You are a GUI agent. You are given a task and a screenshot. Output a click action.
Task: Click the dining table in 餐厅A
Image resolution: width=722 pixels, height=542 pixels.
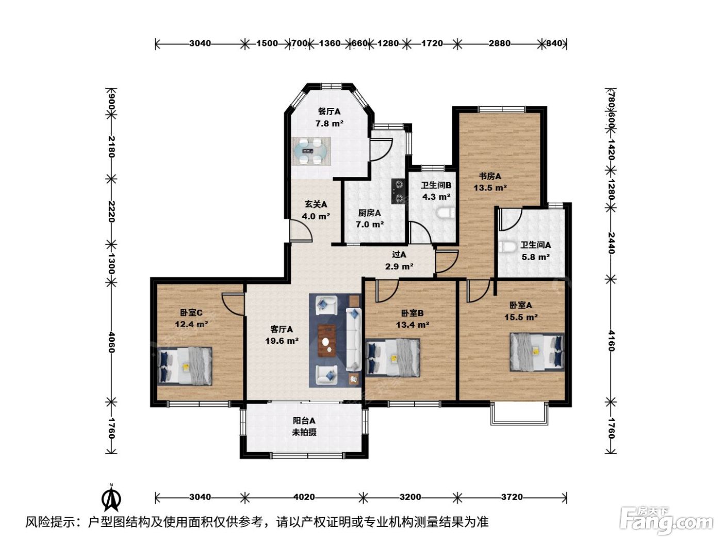pos(311,151)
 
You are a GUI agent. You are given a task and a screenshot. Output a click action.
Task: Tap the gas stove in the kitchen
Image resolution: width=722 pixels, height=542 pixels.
pos(398,191)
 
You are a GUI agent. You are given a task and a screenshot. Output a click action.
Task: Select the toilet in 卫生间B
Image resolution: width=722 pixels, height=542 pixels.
pos(447,213)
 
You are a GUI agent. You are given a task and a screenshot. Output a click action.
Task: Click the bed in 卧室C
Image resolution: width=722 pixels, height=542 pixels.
pos(185,365)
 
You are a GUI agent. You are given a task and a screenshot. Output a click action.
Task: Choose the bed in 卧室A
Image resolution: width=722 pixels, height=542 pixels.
pos(537,352)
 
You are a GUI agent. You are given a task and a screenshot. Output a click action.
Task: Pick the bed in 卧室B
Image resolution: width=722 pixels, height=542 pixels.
pos(393,358)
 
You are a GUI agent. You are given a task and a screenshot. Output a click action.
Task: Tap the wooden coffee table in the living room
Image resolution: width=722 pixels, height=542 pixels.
pos(326,341)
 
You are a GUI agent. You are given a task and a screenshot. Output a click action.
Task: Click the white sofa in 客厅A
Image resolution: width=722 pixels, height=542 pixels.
pos(354,339)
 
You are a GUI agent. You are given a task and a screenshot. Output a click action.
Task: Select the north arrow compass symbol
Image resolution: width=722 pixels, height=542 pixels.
pos(111,498)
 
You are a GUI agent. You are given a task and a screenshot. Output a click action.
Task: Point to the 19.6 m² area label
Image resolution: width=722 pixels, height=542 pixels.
pos(282,341)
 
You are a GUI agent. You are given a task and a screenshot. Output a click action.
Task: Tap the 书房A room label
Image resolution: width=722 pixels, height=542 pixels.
pos(490,177)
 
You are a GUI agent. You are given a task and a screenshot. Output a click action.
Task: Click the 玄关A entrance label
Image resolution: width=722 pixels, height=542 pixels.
pos(316,204)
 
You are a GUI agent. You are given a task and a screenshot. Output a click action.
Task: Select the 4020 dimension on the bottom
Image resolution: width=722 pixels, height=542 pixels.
pos(304,497)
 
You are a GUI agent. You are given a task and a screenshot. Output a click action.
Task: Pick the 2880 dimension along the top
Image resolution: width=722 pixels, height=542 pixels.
pos(499,43)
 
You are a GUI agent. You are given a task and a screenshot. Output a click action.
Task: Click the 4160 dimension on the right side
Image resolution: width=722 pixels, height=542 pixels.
pos(611,341)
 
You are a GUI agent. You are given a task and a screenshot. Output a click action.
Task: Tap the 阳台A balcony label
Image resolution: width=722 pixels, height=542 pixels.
pos(304,421)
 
